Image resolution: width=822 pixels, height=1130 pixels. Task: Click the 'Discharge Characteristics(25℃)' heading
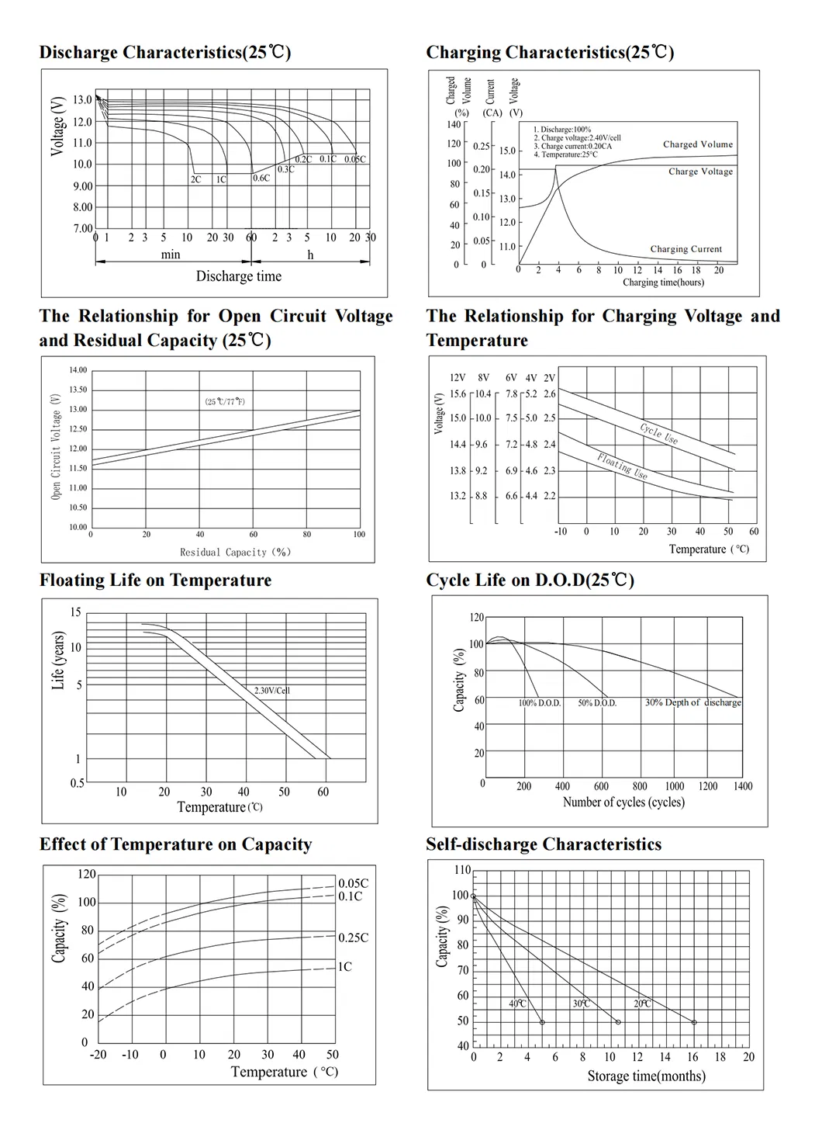(x=165, y=53)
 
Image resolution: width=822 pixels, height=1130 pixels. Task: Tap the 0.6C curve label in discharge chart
(x=261, y=179)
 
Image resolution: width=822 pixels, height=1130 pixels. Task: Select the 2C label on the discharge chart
(x=195, y=179)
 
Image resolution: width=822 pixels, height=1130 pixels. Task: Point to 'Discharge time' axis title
(x=238, y=276)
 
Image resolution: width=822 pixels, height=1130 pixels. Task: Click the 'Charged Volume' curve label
(x=697, y=144)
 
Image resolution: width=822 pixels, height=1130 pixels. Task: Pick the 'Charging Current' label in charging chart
(x=686, y=249)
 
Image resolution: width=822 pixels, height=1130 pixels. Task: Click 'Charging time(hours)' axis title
(x=663, y=282)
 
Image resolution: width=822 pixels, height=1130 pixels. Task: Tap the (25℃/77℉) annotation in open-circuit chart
(x=225, y=401)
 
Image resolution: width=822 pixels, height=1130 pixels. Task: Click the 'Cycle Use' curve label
(x=659, y=433)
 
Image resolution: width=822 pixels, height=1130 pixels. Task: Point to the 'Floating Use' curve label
(x=622, y=466)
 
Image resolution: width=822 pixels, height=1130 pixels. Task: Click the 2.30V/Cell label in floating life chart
(x=272, y=690)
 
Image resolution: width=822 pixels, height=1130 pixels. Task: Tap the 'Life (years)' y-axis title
(x=58, y=660)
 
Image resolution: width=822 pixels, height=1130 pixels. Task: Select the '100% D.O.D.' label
(x=539, y=703)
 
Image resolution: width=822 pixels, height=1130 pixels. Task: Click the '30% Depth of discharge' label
(x=692, y=702)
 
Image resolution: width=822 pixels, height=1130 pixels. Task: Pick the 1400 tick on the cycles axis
(x=742, y=786)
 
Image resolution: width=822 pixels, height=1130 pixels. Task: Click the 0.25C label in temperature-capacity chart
(x=353, y=938)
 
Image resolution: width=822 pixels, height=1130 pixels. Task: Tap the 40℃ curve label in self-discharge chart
(x=517, y=1003)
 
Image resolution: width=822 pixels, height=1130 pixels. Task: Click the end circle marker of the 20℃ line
(x=694, y=1022)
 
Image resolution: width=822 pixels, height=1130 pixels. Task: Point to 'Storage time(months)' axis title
(x=646, y=1076)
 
